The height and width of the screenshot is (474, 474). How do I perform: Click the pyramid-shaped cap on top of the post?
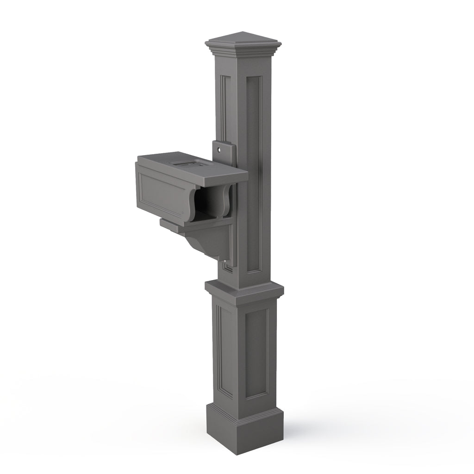coord(243,37)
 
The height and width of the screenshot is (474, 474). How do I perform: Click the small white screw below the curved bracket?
coord(225,264)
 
